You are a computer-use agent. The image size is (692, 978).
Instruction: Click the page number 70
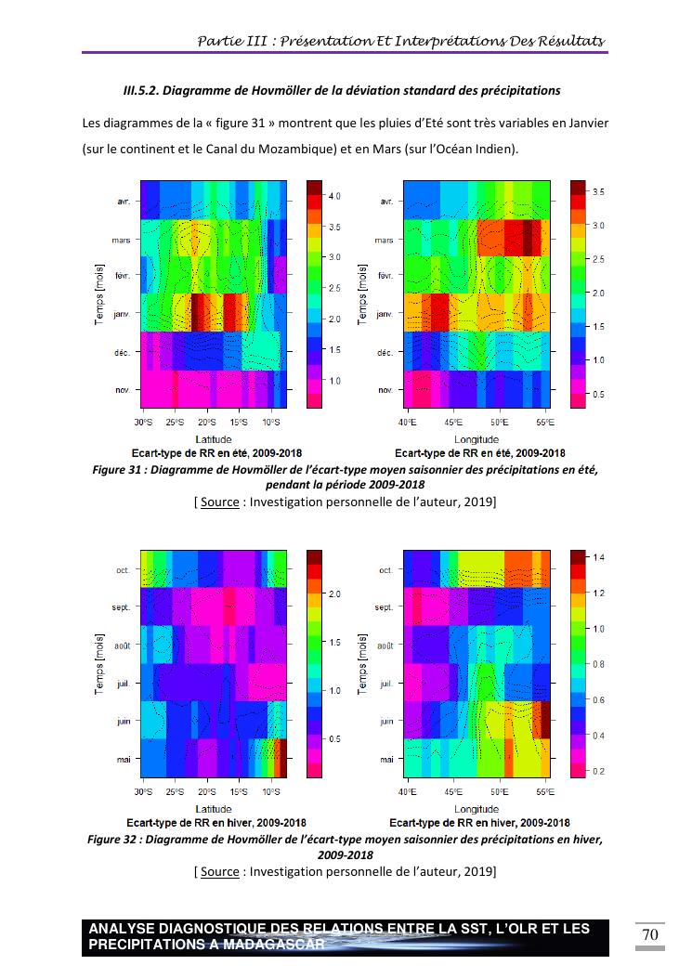tap(650, 934)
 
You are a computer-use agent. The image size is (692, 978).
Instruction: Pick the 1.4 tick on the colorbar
tap(599, 557)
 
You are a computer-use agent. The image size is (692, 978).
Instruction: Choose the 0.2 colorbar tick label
tap(599, 772)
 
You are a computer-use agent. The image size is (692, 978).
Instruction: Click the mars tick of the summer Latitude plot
tap(121, 240)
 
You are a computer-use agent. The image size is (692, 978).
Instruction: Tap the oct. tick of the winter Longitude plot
tap(385, 570)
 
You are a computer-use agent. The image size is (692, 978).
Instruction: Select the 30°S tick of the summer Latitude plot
tap(142, 424)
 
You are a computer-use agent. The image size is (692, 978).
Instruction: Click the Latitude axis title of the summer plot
tap(213, 439)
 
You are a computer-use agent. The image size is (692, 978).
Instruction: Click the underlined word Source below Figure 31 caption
tap(219, 502)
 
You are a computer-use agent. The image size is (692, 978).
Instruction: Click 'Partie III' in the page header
tap(231, 41)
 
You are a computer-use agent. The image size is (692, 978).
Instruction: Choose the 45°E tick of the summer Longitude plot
tap(452, 424)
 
